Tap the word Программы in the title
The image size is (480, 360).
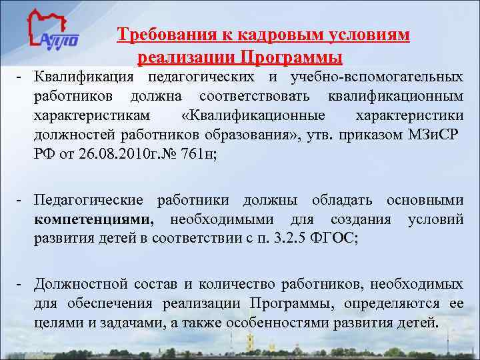(291, 56)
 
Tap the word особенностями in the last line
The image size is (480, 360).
(289, 324)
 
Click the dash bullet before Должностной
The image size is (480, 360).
(21, 285)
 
